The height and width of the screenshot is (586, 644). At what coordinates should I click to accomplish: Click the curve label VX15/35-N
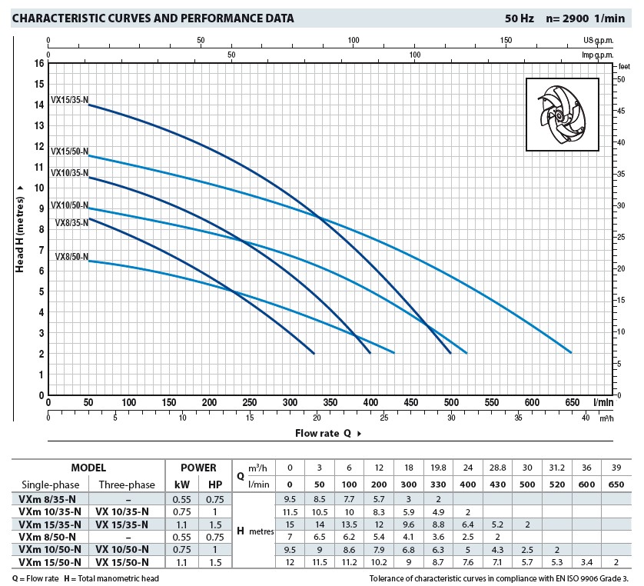point(69,99)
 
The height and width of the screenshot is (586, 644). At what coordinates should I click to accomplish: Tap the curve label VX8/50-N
point(71,256)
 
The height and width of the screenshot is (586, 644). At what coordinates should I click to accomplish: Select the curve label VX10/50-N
point(69,205)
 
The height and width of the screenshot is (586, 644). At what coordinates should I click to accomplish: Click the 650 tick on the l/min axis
point(571,401)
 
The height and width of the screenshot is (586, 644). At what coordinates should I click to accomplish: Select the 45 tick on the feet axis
point(621,111)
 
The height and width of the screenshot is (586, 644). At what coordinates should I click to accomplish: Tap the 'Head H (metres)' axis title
point(21,228)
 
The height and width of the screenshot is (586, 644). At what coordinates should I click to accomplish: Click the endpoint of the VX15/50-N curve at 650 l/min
point(571,352)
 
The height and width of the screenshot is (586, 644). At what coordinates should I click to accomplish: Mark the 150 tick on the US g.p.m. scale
point(506,40)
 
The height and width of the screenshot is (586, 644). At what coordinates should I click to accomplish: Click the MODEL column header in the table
point(88,468)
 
